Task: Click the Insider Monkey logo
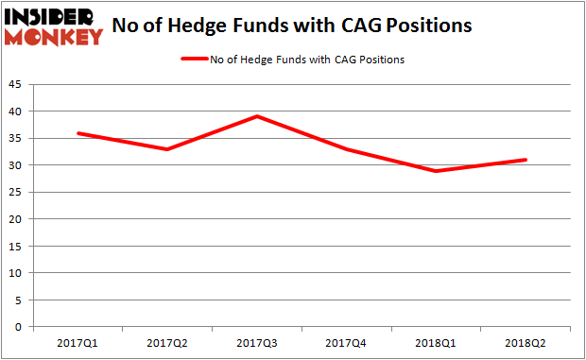(54, 26)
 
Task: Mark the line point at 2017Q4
(345, 149)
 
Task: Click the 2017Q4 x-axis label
(345, 344)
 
